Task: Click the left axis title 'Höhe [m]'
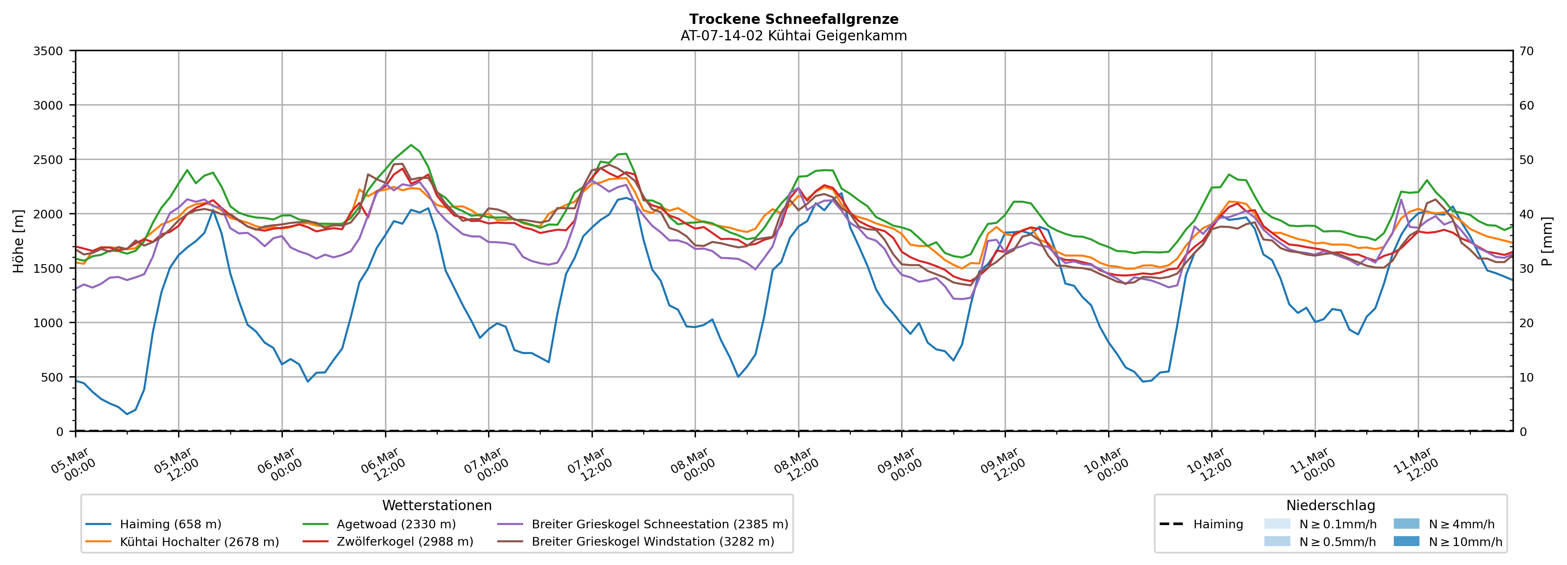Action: click(19, 241)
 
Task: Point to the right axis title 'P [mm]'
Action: click(1547, 241)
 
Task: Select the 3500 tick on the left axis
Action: click(48, 51)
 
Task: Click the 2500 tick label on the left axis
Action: click(48, 160)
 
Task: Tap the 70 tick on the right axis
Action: click(1526, 51)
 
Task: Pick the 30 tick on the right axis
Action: click(1526, 269)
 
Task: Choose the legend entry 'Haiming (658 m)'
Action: click(170, 524)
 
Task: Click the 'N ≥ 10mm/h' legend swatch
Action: click(1406, 541)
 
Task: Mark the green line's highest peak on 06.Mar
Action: click(411, 145)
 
